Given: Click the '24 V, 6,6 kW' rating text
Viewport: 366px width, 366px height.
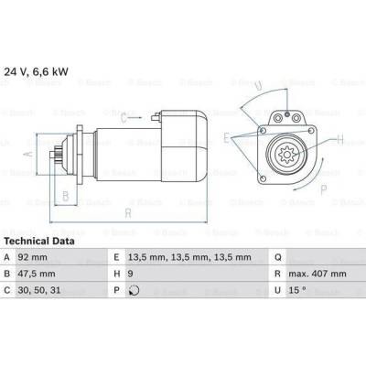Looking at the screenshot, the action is pos(36,71).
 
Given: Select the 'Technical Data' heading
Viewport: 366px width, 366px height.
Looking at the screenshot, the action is pos(39,242).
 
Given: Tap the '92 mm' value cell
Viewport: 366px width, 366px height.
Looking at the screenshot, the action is pos(33,257).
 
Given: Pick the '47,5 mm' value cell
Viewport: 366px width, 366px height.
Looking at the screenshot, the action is pos(37,274).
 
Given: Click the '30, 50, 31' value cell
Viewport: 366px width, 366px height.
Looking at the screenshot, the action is pos(39,290).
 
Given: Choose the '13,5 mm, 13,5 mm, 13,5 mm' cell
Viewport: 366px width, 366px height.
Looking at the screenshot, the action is pos(189,257).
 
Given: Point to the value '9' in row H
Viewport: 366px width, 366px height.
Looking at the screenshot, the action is pos(131,274).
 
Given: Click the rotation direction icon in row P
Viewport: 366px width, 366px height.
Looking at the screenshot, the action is pos(134,290).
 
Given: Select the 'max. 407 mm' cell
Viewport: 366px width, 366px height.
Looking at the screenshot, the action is pos(318,274).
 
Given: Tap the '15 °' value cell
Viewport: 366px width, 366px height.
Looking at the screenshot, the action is pos(297,290).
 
